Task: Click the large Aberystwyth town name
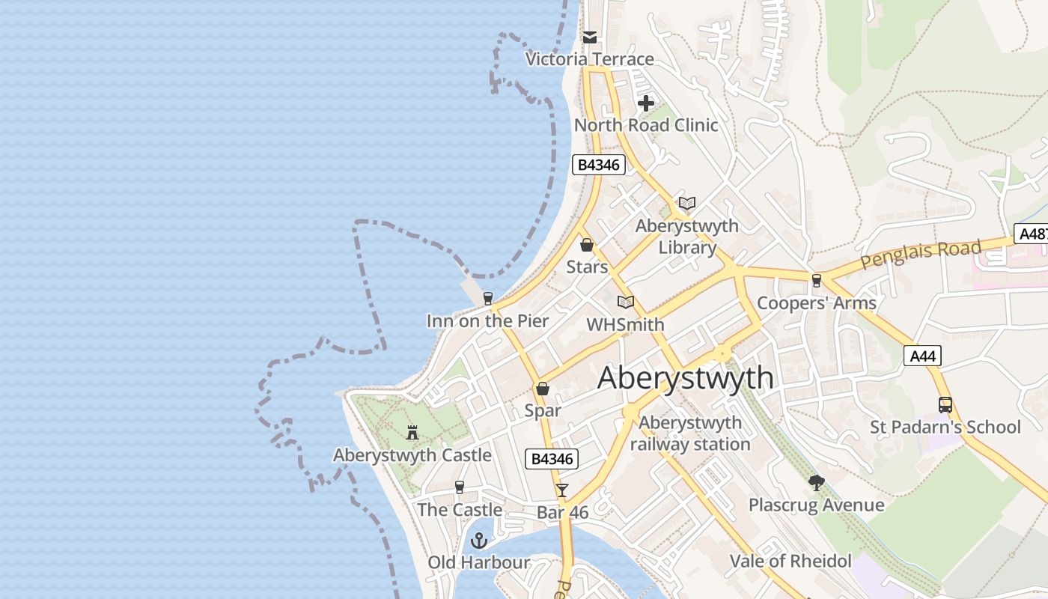(685, 377)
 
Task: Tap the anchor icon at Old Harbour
(478, 540)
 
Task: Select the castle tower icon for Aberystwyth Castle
(412, 432)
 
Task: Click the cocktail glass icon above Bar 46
(562, 490)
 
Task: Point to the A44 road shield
(921, 356)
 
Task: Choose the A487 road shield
(1032, 234)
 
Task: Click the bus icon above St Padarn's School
(945, 405)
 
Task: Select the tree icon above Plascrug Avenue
(816, 483)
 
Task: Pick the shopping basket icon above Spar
(543, 389)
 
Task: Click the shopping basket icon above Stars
(587, 245)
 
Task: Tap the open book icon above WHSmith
(626, 302)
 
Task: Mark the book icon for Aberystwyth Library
(686, 203)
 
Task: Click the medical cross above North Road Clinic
(645, 103)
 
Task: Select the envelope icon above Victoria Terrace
(590, 37)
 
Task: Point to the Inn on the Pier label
(487, 321)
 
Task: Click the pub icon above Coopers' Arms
(817, 281)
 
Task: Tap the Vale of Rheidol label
(790, 561)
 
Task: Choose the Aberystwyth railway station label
(689, 434)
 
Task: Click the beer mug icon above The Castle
(460, 487)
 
